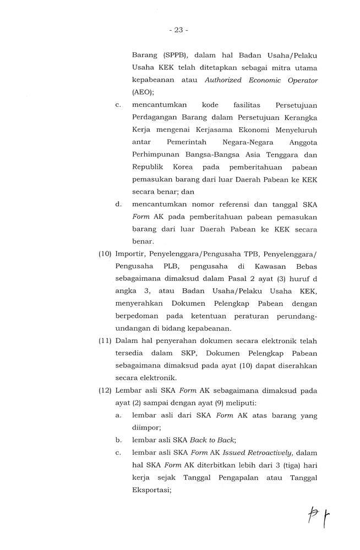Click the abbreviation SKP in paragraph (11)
click(205, 354)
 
